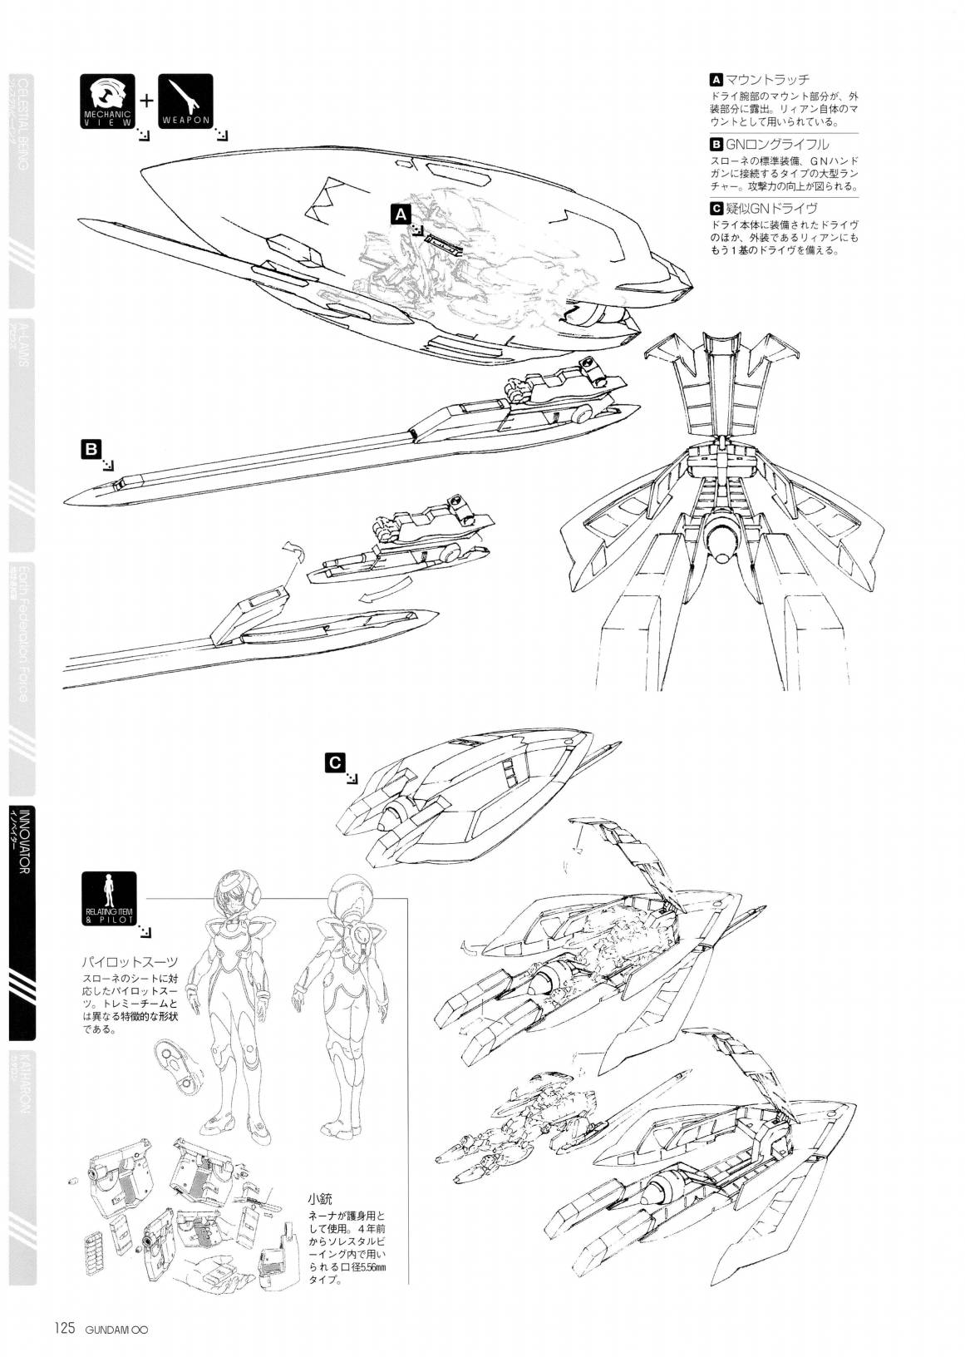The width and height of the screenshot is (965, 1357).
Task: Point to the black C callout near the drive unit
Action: click(333, 762)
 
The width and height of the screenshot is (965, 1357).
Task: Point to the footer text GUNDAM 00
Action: click(118, 1328)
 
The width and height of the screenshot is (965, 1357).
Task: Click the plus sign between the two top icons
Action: click(146, 101)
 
